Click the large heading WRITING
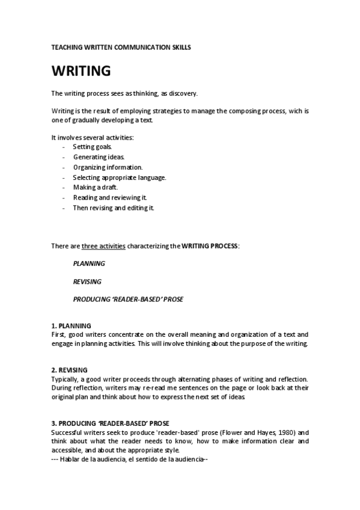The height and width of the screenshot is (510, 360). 81,71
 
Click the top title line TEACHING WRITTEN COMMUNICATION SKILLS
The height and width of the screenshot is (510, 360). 120,47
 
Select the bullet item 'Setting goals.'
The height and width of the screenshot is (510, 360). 92,147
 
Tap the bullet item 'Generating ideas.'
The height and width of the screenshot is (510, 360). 99,157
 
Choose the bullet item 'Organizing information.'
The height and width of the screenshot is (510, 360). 108,167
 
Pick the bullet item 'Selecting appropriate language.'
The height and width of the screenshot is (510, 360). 120,177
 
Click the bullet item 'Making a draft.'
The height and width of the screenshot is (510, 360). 95,188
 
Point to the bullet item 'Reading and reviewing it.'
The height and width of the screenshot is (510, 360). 110,198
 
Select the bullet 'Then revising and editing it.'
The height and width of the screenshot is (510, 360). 114,208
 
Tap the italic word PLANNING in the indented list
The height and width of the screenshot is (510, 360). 89,263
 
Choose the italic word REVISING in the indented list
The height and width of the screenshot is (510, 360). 87,281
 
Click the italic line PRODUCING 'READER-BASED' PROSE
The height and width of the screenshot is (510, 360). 128,299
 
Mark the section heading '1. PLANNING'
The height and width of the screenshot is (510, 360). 71,325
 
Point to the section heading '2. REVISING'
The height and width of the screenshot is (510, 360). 70,369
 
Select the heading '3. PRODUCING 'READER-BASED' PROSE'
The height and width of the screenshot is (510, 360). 110,423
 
